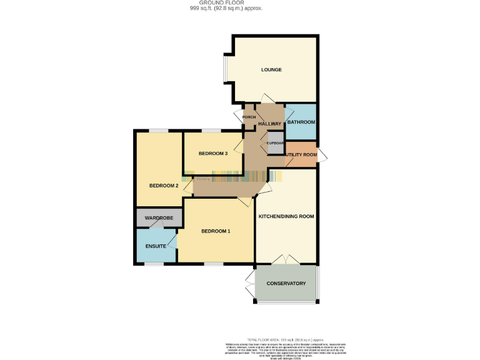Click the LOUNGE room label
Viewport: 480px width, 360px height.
tap(271, 69)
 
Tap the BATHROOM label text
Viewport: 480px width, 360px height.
tap(301, 122)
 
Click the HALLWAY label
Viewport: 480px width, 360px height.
tap(270, 124)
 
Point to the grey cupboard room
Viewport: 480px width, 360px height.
tap(275, 142)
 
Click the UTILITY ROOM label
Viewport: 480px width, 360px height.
tap(301, 154)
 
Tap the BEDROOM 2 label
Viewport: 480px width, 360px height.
tap(164, 186)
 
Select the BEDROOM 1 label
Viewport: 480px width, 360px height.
tap(216, 231)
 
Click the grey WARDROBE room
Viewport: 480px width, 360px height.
tap(159, 219)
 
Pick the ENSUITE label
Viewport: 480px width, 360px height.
tap(156, 246)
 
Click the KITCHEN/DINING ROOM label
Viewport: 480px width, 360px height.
tap(286, 216)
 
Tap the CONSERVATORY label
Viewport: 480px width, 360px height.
tap(286, 284)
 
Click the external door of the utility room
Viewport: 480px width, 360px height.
tap(321, 156)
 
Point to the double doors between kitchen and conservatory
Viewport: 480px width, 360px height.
tap(287, 259)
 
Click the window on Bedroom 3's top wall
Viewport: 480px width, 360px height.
tap(211, 131)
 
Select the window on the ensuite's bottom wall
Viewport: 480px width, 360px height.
tap(154, 264)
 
